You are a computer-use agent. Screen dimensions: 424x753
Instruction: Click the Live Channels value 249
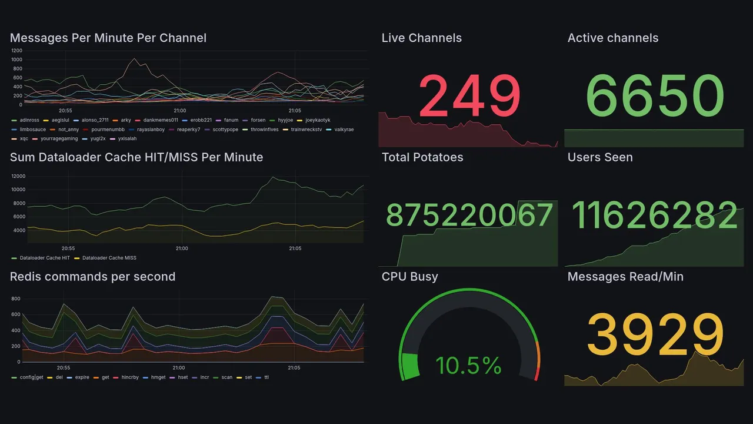click(x=469, y=95)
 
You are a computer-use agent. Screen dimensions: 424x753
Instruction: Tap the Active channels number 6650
click(x=655, y=95)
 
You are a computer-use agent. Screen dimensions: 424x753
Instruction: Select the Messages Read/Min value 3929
click(x=655, y=334)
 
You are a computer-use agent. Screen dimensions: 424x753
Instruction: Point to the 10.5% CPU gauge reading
click(x=468, y=366)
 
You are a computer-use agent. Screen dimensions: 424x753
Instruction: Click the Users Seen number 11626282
click(x=654, y=215)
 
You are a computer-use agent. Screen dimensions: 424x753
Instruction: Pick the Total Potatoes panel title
click(x=422, y=157)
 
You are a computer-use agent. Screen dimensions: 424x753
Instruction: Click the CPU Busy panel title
click(x=409, y=277)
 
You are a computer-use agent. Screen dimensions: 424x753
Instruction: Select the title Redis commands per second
click(x=92, y=277)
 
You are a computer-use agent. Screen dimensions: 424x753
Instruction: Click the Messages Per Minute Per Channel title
click(x=108, y=38)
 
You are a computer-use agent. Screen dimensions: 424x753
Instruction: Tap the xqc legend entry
click(x=24, y=139)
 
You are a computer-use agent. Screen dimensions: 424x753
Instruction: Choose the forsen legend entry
click(x=258, y=120)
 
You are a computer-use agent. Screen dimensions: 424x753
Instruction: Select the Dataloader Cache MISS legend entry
click(x=109, y=258)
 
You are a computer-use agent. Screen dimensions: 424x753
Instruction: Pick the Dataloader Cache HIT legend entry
click(x=44, y=258)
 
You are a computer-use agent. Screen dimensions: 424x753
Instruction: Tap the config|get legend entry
click(x=31, y=377)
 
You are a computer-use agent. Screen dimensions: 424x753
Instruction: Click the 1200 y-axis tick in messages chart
click(x=16, y=51)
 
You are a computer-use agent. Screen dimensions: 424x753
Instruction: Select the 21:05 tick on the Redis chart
click(x=294, y=368)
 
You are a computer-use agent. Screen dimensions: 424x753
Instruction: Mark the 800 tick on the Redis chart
click(x=16, y=299)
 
